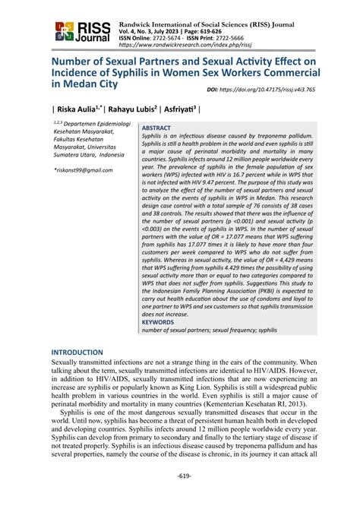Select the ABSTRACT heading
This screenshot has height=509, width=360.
point(157,128)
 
